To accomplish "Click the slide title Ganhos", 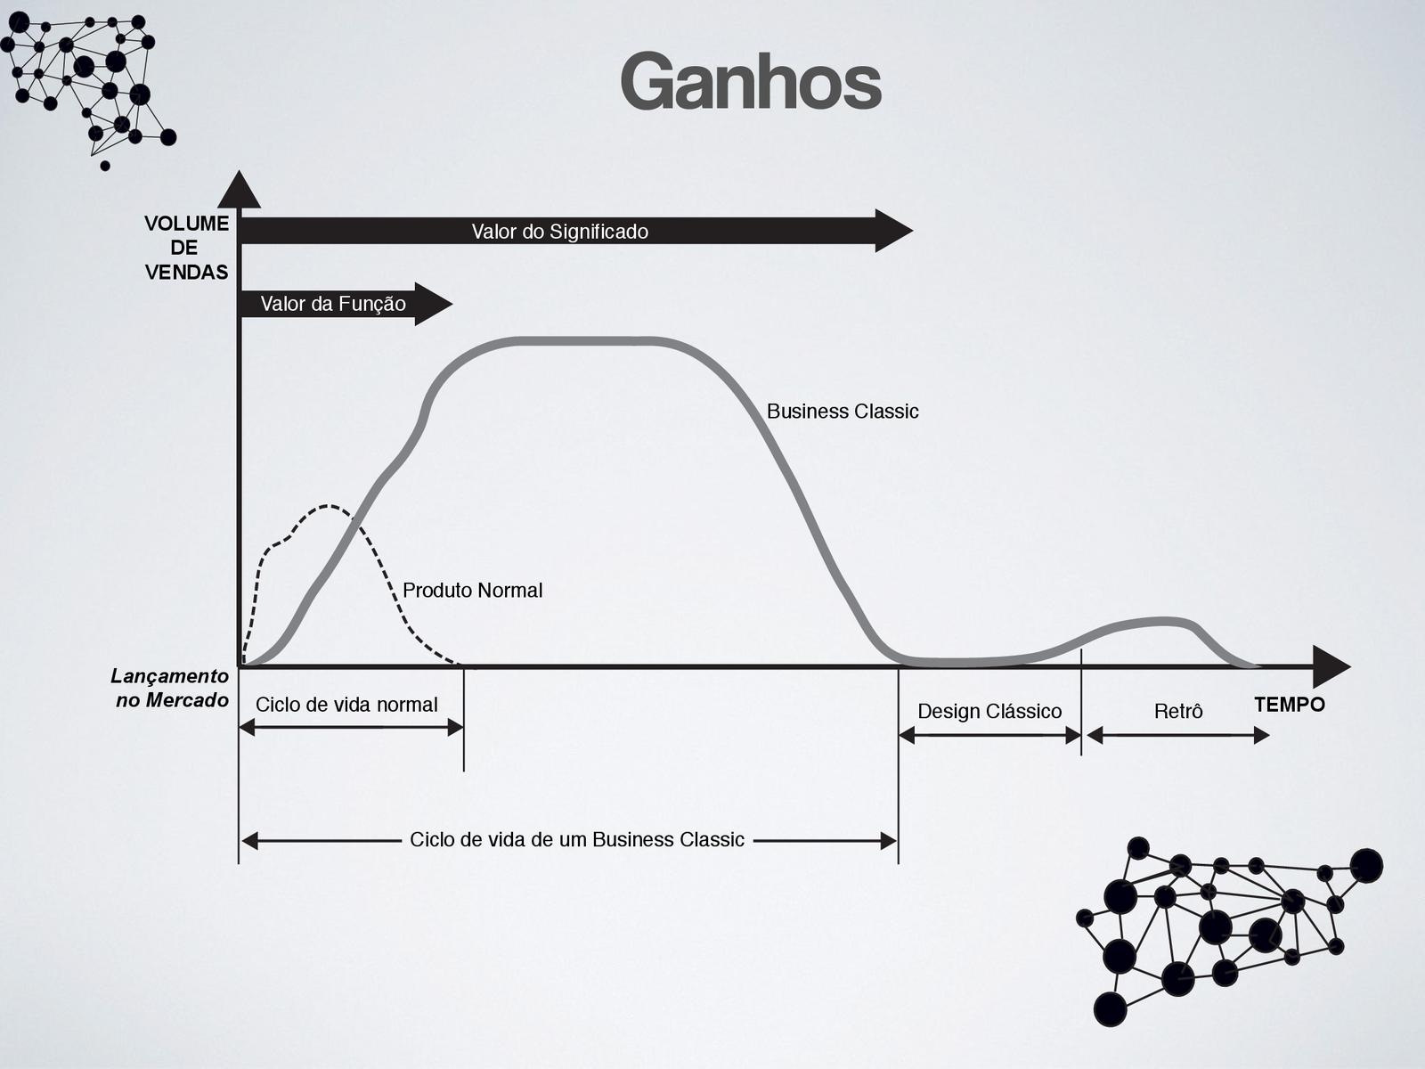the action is coord(751,82).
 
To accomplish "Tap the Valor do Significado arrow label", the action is coord(559,232).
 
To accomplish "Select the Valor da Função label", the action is coord(333,304).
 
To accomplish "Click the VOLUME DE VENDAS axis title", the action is coord(186,248).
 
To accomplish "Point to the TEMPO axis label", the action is coord(1289,705).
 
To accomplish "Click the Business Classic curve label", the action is coord(842,412).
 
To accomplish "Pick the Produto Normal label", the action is coord(472,591).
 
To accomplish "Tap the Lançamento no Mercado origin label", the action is coord(170,689).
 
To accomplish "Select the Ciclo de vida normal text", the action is coord(346,705).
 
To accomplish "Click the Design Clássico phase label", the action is coord(989,711).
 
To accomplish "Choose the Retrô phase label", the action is coord(1177,711).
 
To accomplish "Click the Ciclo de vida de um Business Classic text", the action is coord(576,840).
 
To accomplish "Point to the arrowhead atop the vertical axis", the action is coord(239,191).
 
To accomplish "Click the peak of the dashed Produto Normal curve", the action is coord(330,506).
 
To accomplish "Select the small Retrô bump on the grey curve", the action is coord(1158,622).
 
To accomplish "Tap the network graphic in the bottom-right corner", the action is coord(1229,926).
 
